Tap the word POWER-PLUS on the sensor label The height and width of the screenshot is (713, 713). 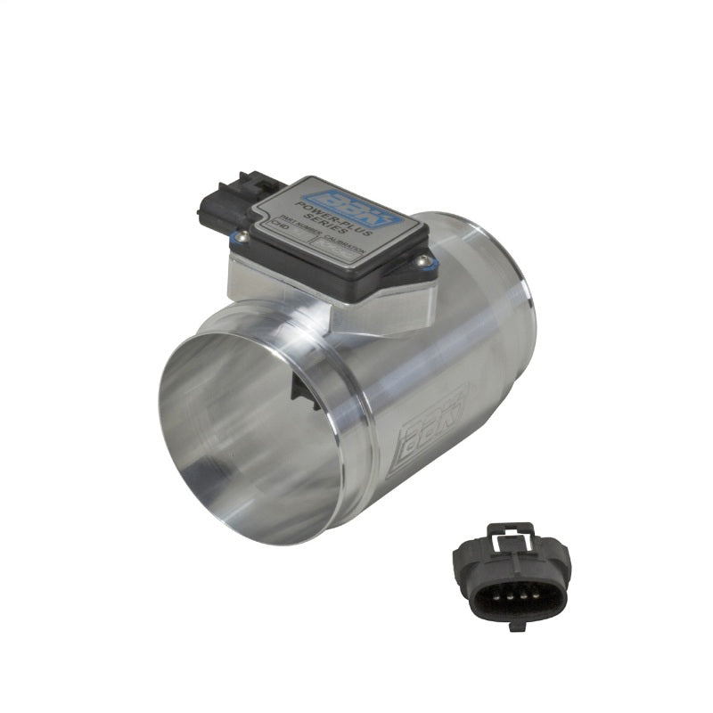pos(331,217)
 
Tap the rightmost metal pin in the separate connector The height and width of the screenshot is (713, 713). pos(536,596)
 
